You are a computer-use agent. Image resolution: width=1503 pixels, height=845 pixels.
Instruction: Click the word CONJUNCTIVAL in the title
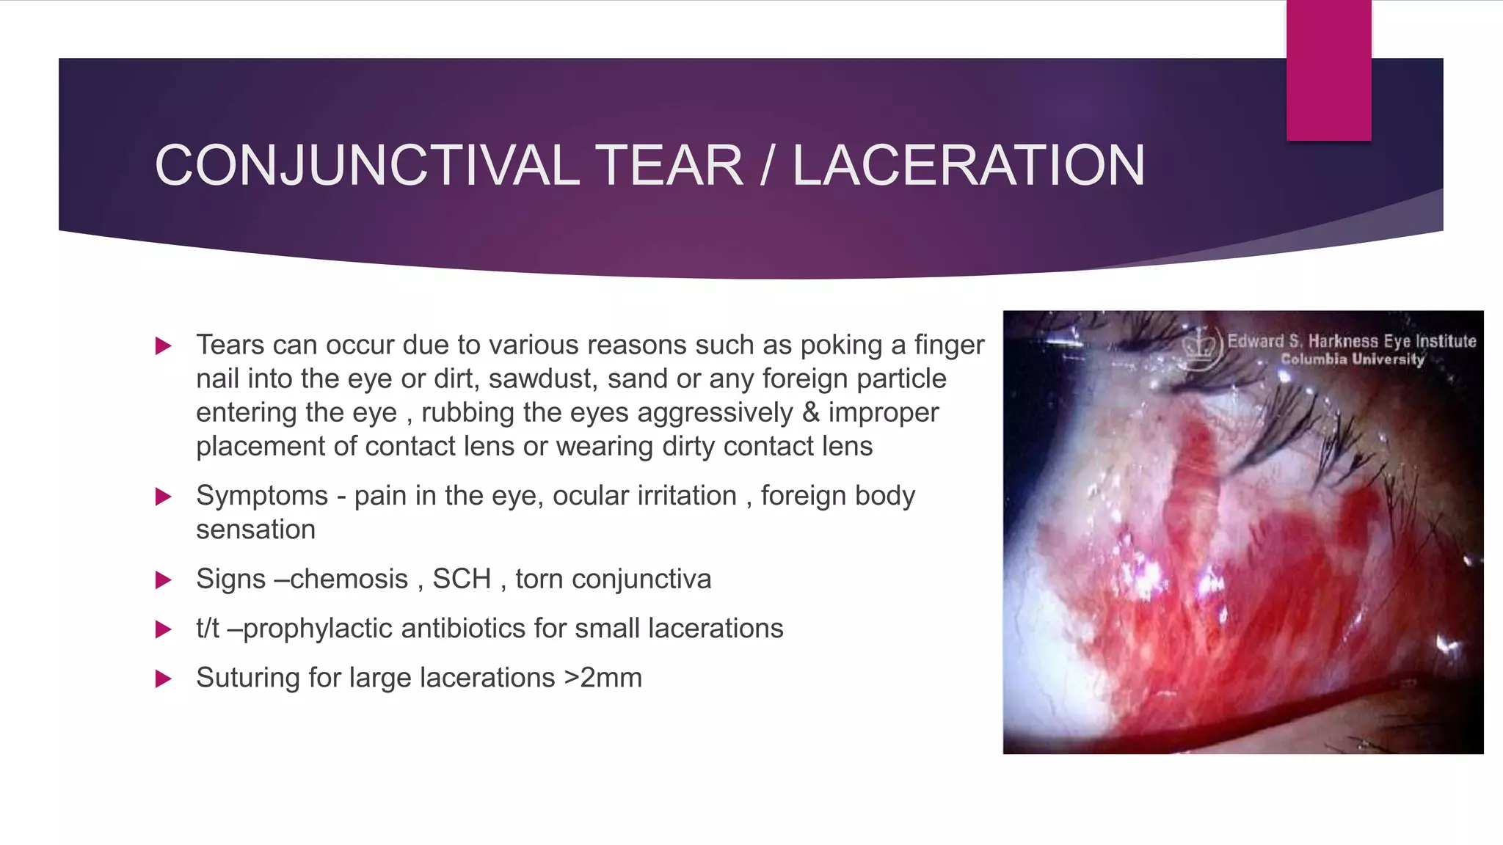pos(367,166)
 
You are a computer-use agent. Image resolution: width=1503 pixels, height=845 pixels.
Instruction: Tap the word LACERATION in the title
pos(968,166)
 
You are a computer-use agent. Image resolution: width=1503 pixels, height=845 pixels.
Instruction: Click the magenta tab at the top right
pos(1328,70)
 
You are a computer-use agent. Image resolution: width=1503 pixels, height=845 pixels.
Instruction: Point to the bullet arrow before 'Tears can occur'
pos(164,345)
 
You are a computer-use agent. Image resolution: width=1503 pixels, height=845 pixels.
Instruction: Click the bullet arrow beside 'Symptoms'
pos(164,497)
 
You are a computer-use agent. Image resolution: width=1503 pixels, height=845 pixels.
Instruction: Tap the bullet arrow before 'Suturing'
pos(164,678)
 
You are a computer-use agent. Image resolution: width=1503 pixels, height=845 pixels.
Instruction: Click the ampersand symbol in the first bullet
pos(810,412)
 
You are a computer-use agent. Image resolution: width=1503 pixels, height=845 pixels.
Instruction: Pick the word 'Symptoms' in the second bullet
pos(261,497)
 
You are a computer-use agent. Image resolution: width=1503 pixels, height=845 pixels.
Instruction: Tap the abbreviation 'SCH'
pos(462,579)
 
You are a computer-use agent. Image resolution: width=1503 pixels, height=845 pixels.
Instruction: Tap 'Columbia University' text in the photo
pos(1353,359)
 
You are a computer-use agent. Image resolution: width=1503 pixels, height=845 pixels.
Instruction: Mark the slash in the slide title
pos(767,166)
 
